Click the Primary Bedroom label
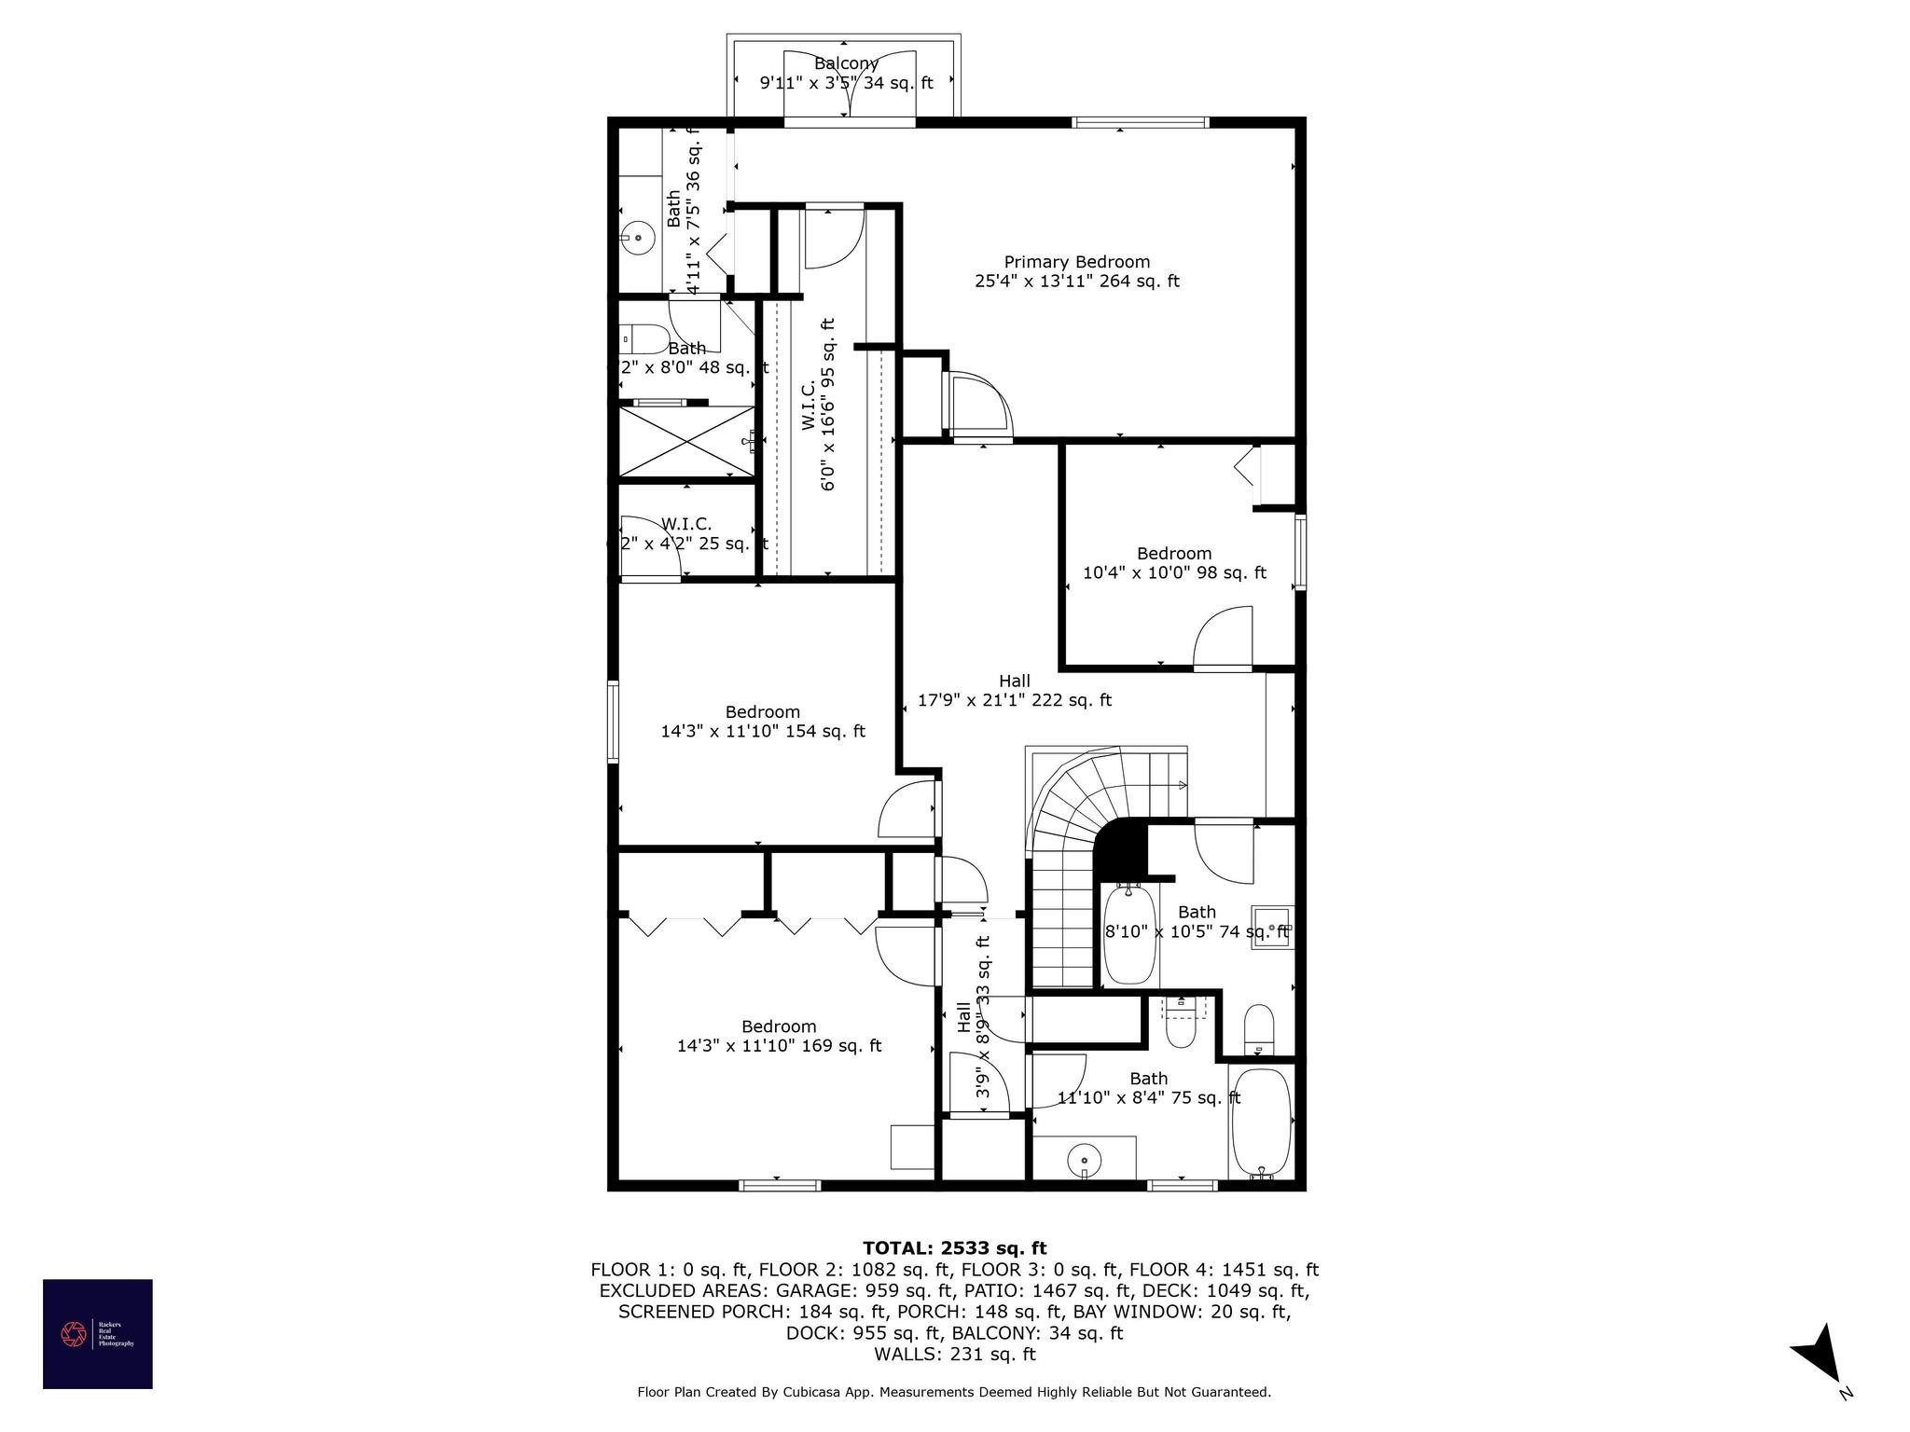click(1076, 271)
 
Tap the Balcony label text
click(846, 63)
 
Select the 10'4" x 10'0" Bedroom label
click(1174, 563)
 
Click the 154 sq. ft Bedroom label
click(763, 722)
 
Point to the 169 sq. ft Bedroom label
click(779, 1036)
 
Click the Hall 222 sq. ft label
click(1014, 691)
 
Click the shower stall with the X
click(686, 440)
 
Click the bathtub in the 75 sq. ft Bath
click(1261, 1124)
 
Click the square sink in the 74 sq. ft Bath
click(1271, 927)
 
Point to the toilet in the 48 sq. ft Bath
click(644, 337)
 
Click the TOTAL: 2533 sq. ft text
click(954, 1248)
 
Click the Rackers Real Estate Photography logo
click(98, 1333)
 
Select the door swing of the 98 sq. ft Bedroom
click(1224, 637)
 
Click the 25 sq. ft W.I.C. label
click(687, 533)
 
